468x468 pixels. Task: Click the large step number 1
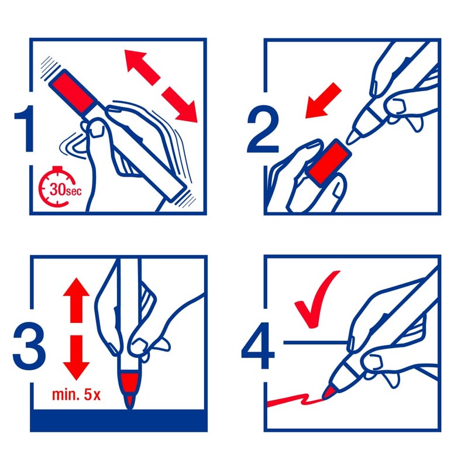coord(25,128)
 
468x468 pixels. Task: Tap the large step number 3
coord(29,346)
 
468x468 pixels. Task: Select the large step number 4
coord(258,346)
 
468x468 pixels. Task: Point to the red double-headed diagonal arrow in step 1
coord(161,86)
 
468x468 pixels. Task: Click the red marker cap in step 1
coord(73,91)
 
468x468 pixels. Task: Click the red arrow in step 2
coord(324,101)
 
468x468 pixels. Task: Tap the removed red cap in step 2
coord(329,163)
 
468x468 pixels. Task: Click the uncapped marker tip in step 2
coord(352,137)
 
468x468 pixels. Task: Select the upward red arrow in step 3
coord(76,300)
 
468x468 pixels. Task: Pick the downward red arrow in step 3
coord(76,357)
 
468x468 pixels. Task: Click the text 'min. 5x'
coord(76,394)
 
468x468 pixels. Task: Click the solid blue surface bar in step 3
coord(119,420)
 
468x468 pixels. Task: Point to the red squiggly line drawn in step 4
coord(295,400)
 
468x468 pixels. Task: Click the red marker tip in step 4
coord(328,392)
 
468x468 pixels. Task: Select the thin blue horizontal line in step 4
coord(315,343)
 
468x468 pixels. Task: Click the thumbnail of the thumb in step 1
coord(96,130)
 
